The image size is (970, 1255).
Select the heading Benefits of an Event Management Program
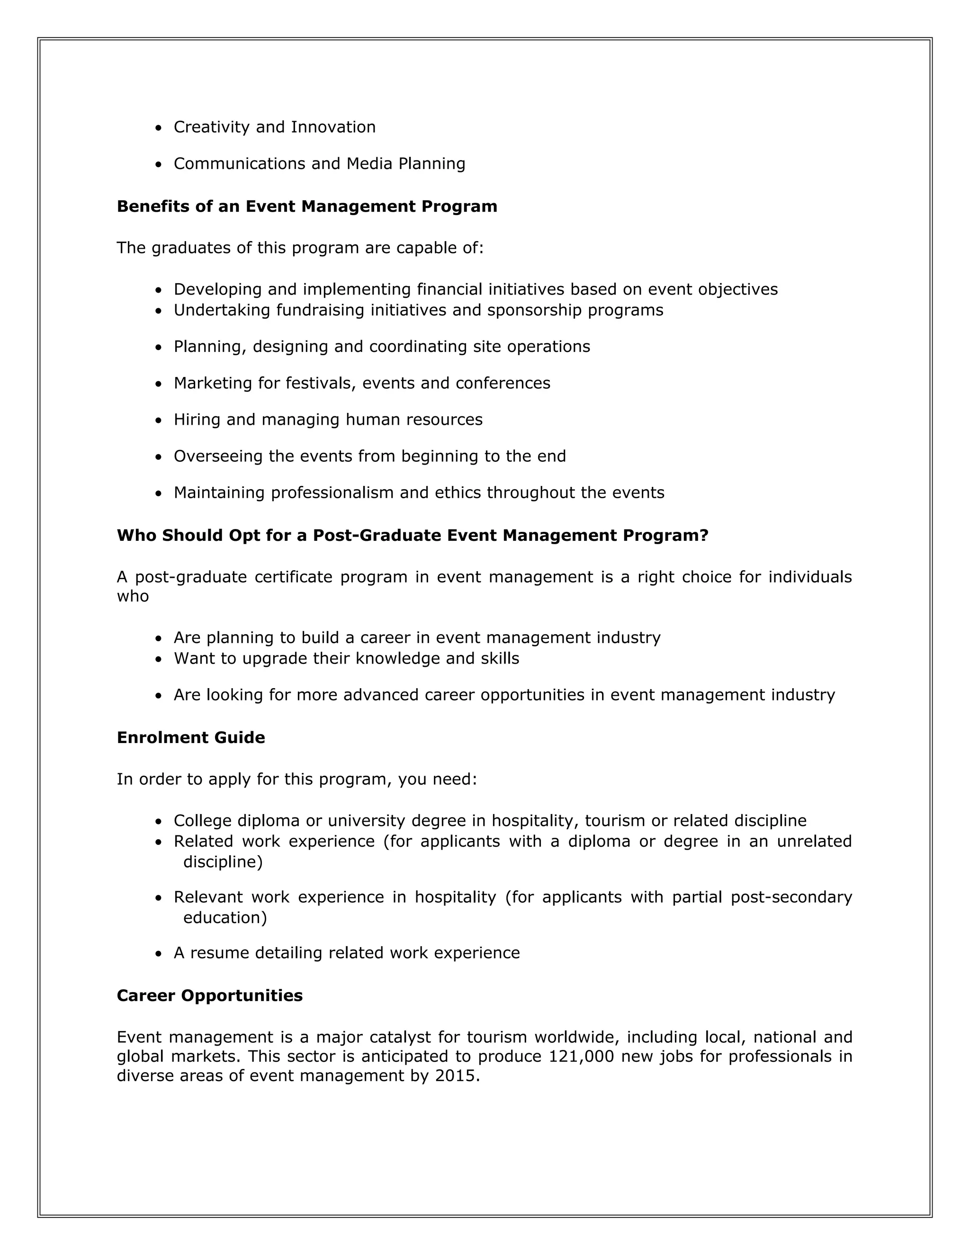point(307,206)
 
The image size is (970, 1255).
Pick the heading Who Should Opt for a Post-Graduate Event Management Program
point(413,536)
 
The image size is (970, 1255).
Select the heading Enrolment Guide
point(191,738)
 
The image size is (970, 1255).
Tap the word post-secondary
point(791,897)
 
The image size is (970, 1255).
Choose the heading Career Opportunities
point(210,996)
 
